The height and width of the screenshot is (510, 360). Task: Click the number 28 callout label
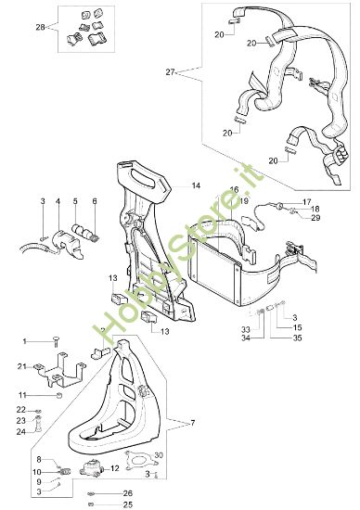pos(39,29)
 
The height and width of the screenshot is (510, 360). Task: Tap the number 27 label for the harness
pos(169,70)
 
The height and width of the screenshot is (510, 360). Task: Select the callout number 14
pos(195,186)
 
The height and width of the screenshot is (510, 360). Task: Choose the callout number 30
pos(159,454)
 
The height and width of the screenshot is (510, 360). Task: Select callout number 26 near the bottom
pos(128,492)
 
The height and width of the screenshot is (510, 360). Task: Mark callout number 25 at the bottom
pos(128,504)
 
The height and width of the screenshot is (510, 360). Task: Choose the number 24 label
pos(20,431)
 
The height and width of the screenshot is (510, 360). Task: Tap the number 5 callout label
pos(76,200)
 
